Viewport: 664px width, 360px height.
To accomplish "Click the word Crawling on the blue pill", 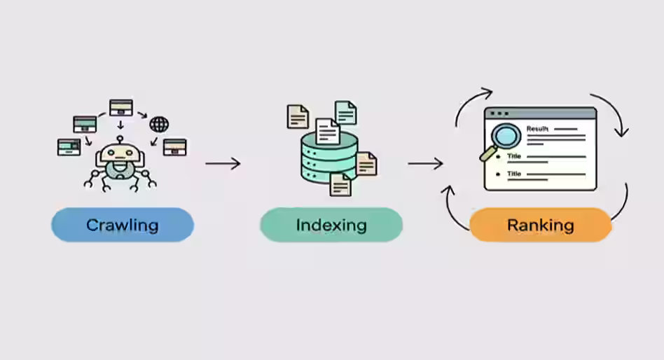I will (x=122, y=226).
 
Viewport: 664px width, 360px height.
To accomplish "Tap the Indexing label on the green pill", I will (x=331, y=226).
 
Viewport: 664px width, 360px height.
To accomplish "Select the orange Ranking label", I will (x=540, y=226).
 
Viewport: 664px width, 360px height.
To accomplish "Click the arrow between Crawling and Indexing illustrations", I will (x=223, y=164).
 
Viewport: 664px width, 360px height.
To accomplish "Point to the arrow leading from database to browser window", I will (x=425, y=164).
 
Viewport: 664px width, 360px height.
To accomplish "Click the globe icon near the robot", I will (x=159, y=125).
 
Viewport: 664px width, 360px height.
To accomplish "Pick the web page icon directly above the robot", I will (x=120, y=107).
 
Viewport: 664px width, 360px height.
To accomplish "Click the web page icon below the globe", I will (x=174, y=146).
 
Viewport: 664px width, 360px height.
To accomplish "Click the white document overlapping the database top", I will (x=327, y=130).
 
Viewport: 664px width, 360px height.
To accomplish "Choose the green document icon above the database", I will (x=345, y=112).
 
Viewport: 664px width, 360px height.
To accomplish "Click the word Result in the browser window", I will (x=537, y=129).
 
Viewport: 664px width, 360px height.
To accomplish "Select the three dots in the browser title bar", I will (x=499, y=113).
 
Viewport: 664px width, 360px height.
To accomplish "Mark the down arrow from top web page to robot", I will (x=120, y=125).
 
